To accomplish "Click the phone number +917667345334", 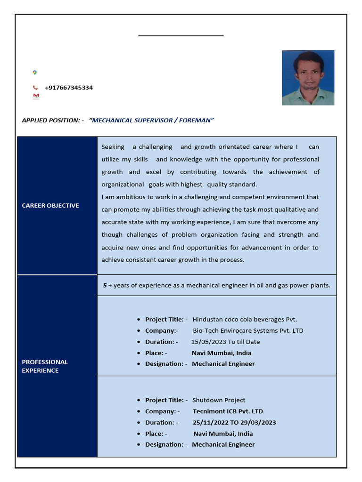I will [69, 88].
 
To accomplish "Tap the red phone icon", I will [35, 88].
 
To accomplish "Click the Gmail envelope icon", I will [36, 96].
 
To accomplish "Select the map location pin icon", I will [34, 72].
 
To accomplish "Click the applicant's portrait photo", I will [308, 78].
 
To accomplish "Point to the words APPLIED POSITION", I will [50, 120].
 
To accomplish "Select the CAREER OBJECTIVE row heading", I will [50, 206].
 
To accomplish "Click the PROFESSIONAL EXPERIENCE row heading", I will [45, 366].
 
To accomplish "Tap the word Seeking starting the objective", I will [113, 147].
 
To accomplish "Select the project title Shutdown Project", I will [219, 400].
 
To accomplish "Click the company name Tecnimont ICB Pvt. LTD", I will [228, 411].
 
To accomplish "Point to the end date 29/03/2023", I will [258, 422].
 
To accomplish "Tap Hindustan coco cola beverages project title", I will [245, 319].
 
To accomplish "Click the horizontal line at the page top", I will [181, 35].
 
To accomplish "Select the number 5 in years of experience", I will [105, 285].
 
